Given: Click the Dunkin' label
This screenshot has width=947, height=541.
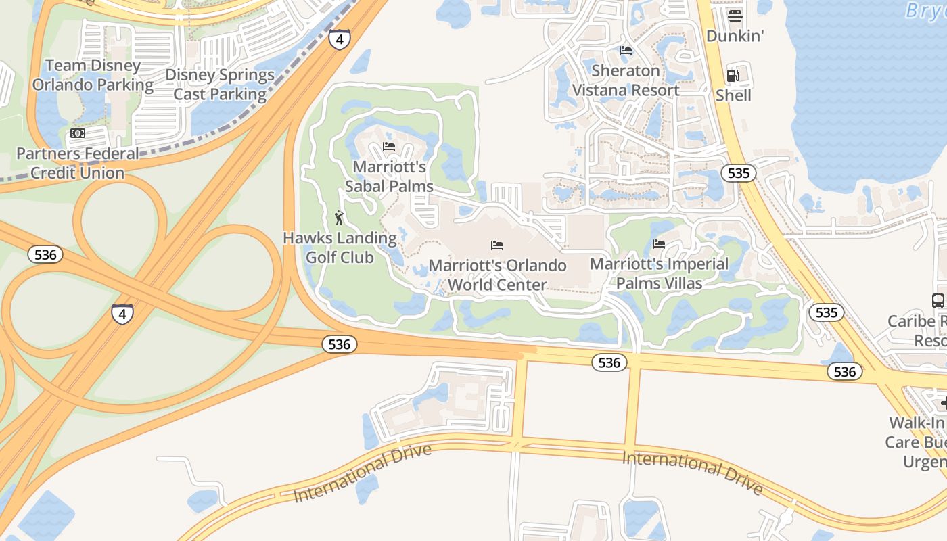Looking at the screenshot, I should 735,36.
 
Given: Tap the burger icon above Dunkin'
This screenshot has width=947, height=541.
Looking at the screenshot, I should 735,16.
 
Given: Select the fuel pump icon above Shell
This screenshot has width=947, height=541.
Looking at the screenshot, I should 733,76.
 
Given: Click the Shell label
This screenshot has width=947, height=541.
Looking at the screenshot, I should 733,95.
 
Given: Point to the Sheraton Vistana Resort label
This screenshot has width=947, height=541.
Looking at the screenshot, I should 626,80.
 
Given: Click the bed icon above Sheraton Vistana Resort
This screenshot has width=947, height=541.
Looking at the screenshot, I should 626,51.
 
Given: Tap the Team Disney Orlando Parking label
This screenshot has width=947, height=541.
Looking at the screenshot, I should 93,75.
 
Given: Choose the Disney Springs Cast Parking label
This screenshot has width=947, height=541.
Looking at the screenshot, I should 220,85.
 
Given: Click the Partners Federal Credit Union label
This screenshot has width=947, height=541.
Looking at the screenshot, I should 77,163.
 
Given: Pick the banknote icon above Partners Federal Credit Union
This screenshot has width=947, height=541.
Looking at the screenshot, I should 78,134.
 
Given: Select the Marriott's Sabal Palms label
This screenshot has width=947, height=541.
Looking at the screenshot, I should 389,177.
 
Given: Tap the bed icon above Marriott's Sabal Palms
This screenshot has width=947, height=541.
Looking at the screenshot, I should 389,146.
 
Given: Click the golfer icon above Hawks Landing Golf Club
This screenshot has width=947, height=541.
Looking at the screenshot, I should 340,218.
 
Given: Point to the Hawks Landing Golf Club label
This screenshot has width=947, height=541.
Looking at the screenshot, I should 340,248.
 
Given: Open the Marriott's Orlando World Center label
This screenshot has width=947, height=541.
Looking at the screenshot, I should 497,275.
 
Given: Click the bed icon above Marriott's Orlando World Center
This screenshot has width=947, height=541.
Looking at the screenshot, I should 497,245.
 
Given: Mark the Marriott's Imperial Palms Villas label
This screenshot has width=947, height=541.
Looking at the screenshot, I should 659,273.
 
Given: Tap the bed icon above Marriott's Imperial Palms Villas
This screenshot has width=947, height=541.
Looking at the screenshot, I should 659,244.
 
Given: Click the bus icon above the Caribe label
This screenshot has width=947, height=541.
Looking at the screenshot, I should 938,301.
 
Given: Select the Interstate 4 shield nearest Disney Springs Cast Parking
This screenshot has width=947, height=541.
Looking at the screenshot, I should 340,39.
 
